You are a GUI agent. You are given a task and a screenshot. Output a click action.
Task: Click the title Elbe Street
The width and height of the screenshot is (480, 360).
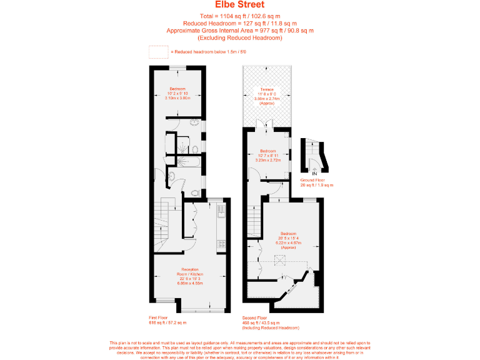[240, 5]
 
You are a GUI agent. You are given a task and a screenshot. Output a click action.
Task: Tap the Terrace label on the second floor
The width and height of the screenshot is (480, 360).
[267, 96]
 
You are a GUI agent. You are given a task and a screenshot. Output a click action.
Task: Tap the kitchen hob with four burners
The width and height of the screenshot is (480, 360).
[221, 246]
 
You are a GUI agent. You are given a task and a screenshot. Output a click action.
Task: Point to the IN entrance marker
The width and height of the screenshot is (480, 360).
[315, 172]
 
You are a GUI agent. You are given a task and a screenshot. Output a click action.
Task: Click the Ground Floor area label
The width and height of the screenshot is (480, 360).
[317, 182]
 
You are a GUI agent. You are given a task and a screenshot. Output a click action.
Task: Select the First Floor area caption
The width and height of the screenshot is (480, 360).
[167, 320]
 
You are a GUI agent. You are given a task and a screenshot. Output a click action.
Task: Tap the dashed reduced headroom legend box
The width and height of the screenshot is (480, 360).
[159, 51]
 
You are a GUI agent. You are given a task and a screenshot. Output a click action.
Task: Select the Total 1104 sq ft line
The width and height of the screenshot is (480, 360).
[240, 16]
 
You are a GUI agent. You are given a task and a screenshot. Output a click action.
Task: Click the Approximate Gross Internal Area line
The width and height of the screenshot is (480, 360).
[240, 31]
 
